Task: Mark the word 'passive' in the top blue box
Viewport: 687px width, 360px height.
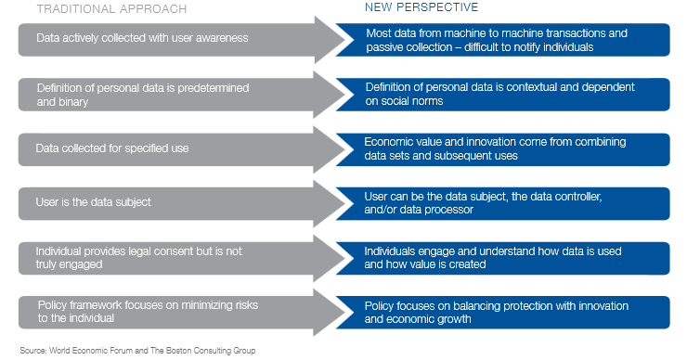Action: [382, 46]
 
